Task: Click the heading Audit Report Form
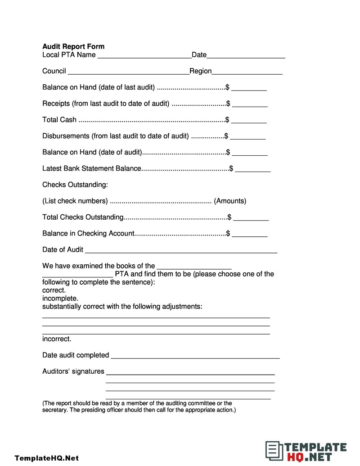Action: (73, 46)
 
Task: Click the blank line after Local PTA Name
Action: (144, 56)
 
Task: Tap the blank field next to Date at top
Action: (246, 56)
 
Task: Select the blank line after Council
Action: (128, 72)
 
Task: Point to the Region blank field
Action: (247, 72)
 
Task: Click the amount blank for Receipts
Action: (250, 105)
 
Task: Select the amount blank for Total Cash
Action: (249, 121)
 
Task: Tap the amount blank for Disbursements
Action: (247, 137)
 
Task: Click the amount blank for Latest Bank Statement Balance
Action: (252, 170)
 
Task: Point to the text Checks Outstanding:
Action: (75, 185)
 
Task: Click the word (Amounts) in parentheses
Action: (230, 201)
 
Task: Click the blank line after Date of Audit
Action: (181, 251)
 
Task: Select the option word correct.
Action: (54, 290)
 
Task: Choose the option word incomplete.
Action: (60, 299)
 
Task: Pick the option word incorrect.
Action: (57, 339)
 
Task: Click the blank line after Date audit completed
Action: (195, 357)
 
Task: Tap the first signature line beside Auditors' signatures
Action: (190, 373)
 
